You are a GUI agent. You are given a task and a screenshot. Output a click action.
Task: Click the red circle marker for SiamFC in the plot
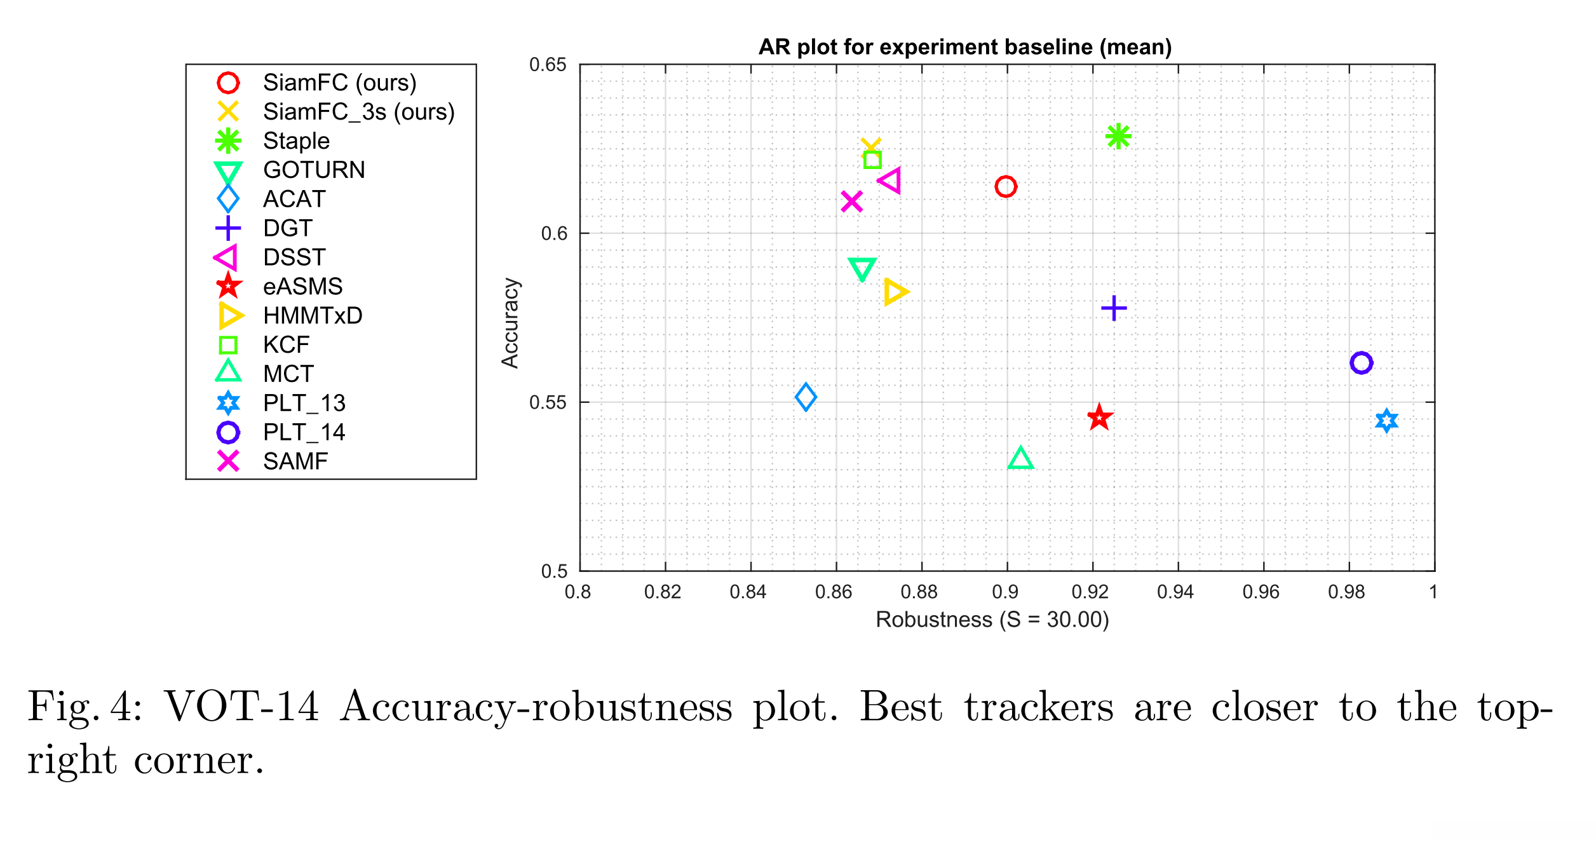click(1005, 187)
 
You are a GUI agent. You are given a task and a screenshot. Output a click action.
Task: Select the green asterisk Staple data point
click(1118, 137)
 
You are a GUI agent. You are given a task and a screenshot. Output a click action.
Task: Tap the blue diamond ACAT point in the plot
click(806, 397)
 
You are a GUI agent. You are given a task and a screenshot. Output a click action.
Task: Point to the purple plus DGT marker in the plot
click(1114, 308)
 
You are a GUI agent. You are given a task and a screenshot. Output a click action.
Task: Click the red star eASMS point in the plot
click(1099, 418)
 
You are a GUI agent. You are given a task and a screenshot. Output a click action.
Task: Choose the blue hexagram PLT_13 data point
click(1387, 421)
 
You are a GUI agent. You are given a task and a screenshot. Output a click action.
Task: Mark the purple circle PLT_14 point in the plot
click(1361, 363)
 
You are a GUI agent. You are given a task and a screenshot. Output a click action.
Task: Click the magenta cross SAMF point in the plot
click(851, 201)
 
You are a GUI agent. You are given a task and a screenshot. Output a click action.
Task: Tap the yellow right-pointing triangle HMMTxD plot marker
click(895, 292)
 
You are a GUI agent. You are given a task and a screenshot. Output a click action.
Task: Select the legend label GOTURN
click(314, 170)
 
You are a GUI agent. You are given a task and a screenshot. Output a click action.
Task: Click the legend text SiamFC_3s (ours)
click(359, 112)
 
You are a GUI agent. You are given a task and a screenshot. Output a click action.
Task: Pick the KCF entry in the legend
click(286, 344)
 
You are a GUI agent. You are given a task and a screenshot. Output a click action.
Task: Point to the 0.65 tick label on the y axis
click(547, 65)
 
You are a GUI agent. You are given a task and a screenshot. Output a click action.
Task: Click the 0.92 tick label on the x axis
click(1090, 592)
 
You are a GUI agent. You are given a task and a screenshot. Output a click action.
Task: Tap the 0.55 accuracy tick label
click(547, 403)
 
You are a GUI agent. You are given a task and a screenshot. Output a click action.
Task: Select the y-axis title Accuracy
click(510, 323)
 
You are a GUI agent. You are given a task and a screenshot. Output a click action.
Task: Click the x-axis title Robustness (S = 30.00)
click(992, 620)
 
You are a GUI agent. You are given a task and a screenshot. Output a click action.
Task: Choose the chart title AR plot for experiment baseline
click(964, 47)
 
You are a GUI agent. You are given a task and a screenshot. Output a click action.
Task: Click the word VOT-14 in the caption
click(241, 707)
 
